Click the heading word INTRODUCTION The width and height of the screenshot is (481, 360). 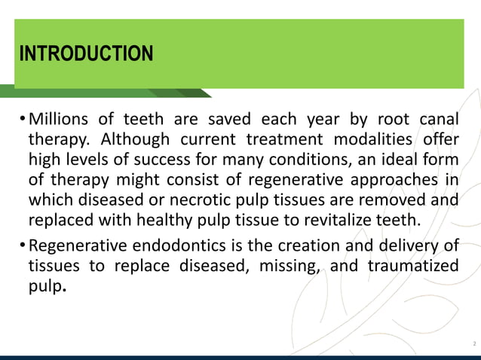(x=86, y=55)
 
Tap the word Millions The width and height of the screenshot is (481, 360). (x=59, y=120)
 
